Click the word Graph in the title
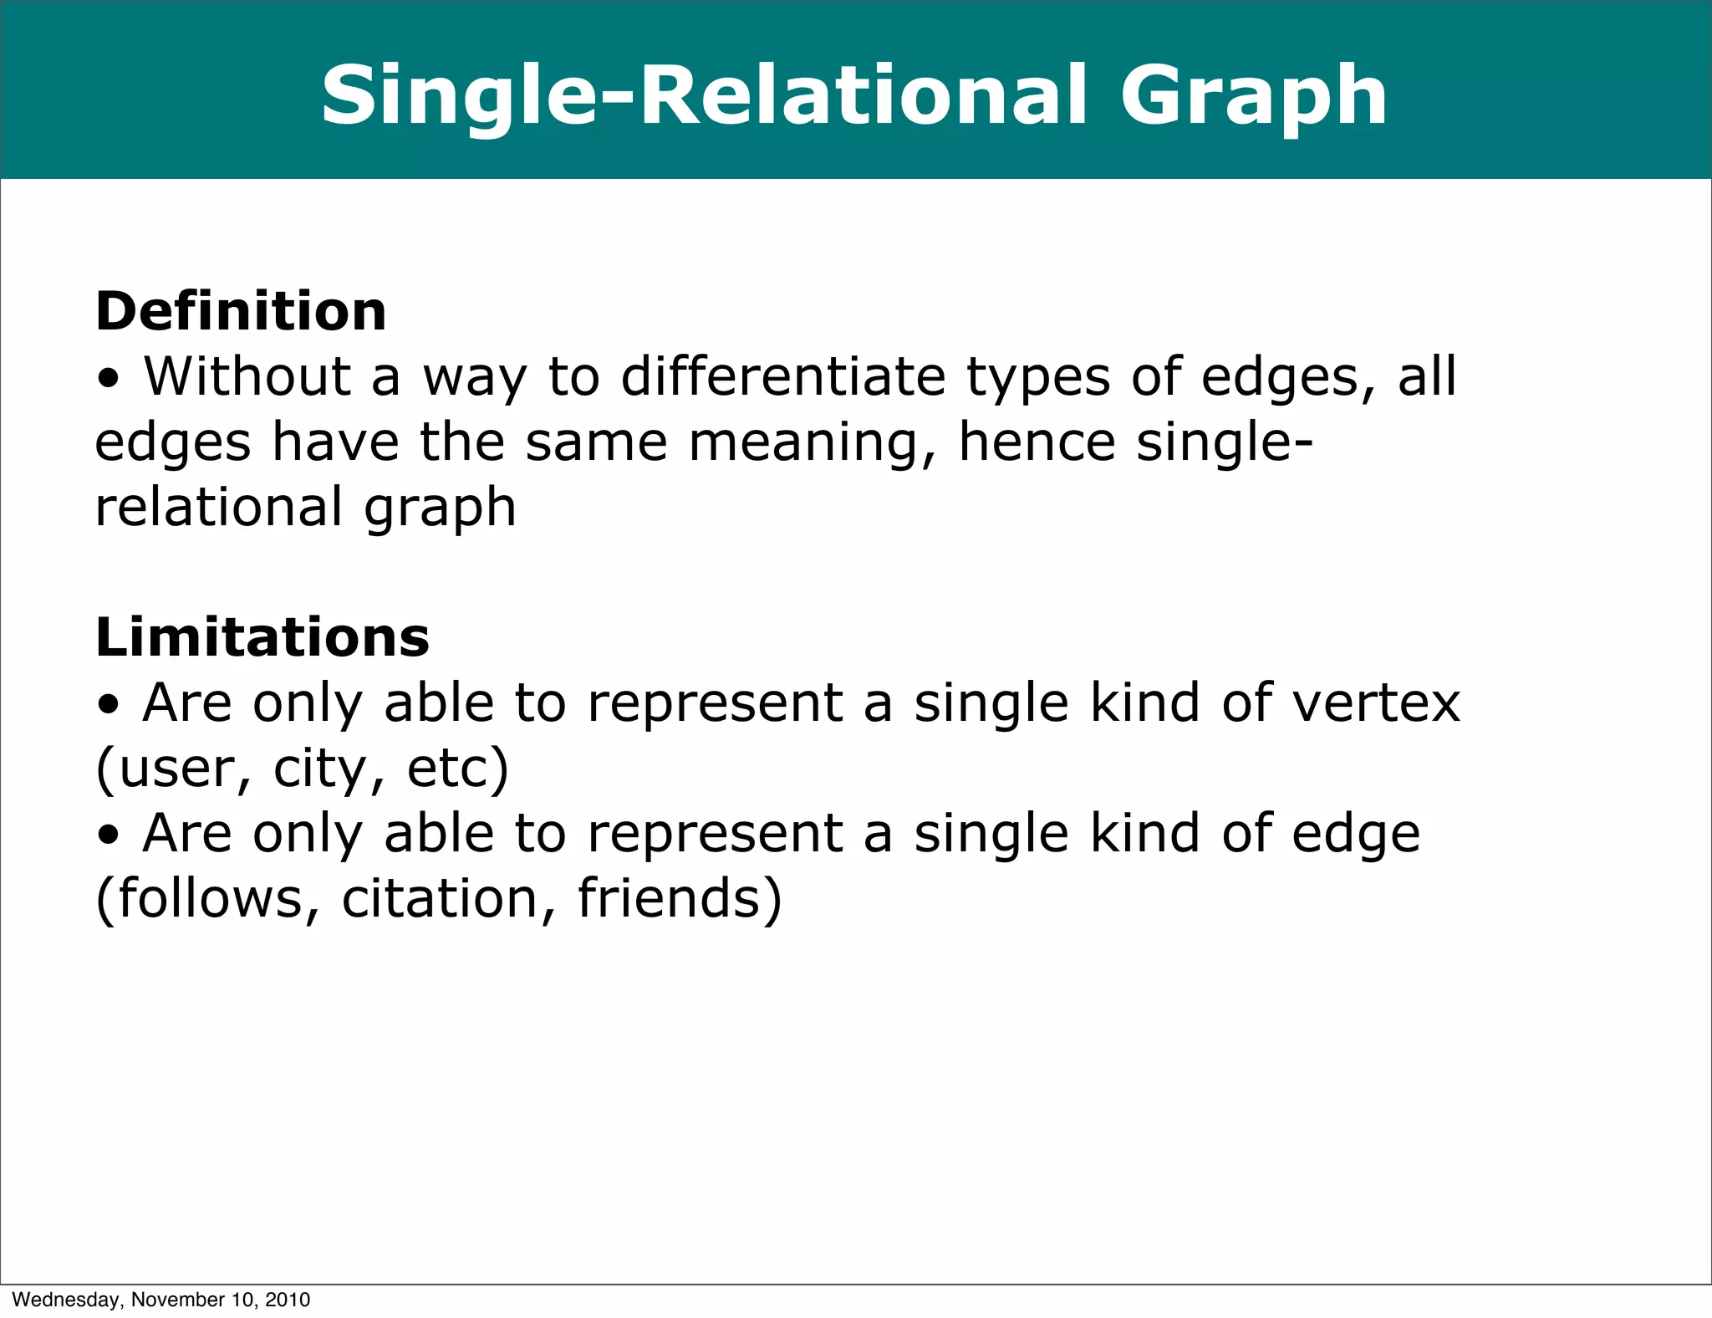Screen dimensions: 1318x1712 [1253, 99]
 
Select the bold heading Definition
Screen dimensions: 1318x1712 [241, 311]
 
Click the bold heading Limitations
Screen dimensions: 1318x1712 [262, 637]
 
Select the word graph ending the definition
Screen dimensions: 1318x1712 [440, 508]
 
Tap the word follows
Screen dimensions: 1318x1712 [209, 898]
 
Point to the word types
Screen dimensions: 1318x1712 [1037, 378]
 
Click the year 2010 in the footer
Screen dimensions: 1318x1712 [288, 1300]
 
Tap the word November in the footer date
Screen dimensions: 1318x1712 [172, 1300]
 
